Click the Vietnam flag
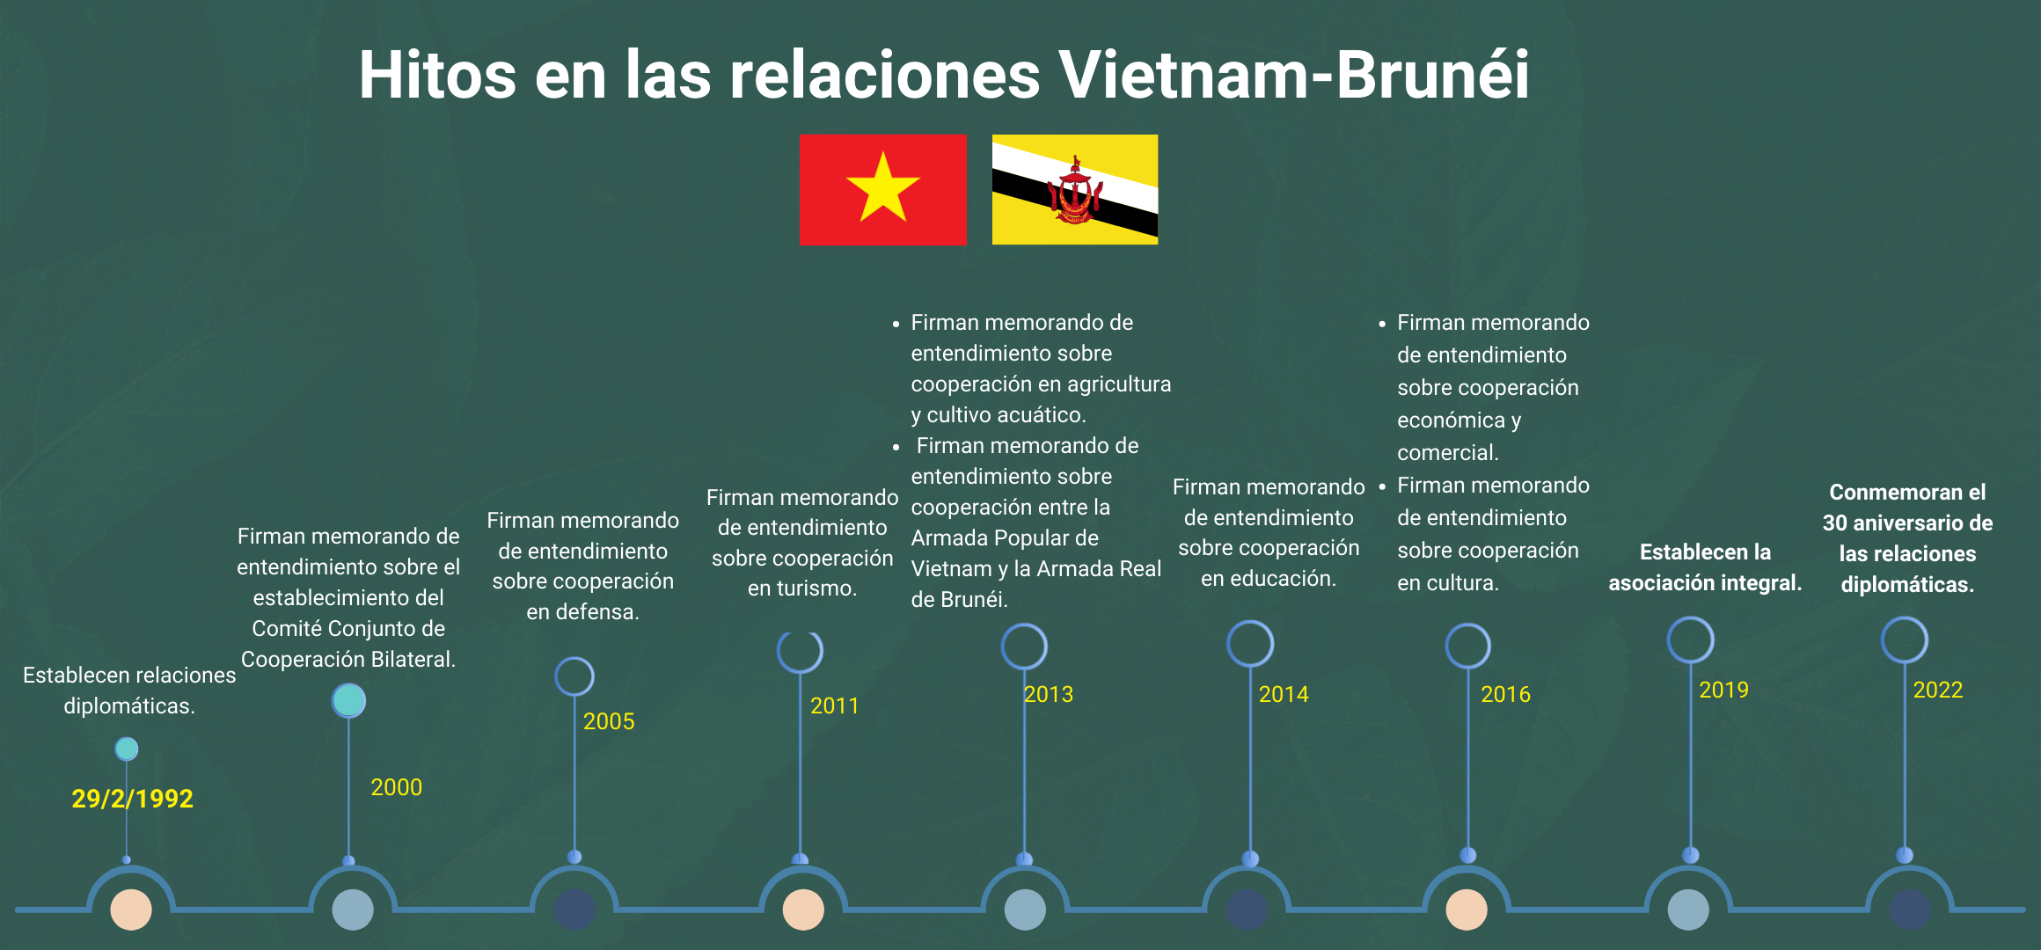[x=883, y=189]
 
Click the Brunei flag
[x=1075, y=189]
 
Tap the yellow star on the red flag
[x=883, y=186]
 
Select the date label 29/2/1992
[x=132, y=799]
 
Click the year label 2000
[x=397, y=787]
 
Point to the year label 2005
[x=609, y=721]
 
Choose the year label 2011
[x=835, y=705]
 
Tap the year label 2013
[x=1049, y=694]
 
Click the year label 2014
[x=1284, y=694]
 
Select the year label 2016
[x=1506, y=694]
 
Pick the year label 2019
[x=1724, y=690]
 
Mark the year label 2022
[x=1938, y=690]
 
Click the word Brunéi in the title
[x=1433, y=74]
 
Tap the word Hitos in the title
[x=437, y=74]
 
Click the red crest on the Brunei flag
[x=1074, y=191]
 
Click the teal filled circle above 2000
[x=348, y=701]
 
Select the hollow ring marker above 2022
[x=1905, y=617]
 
